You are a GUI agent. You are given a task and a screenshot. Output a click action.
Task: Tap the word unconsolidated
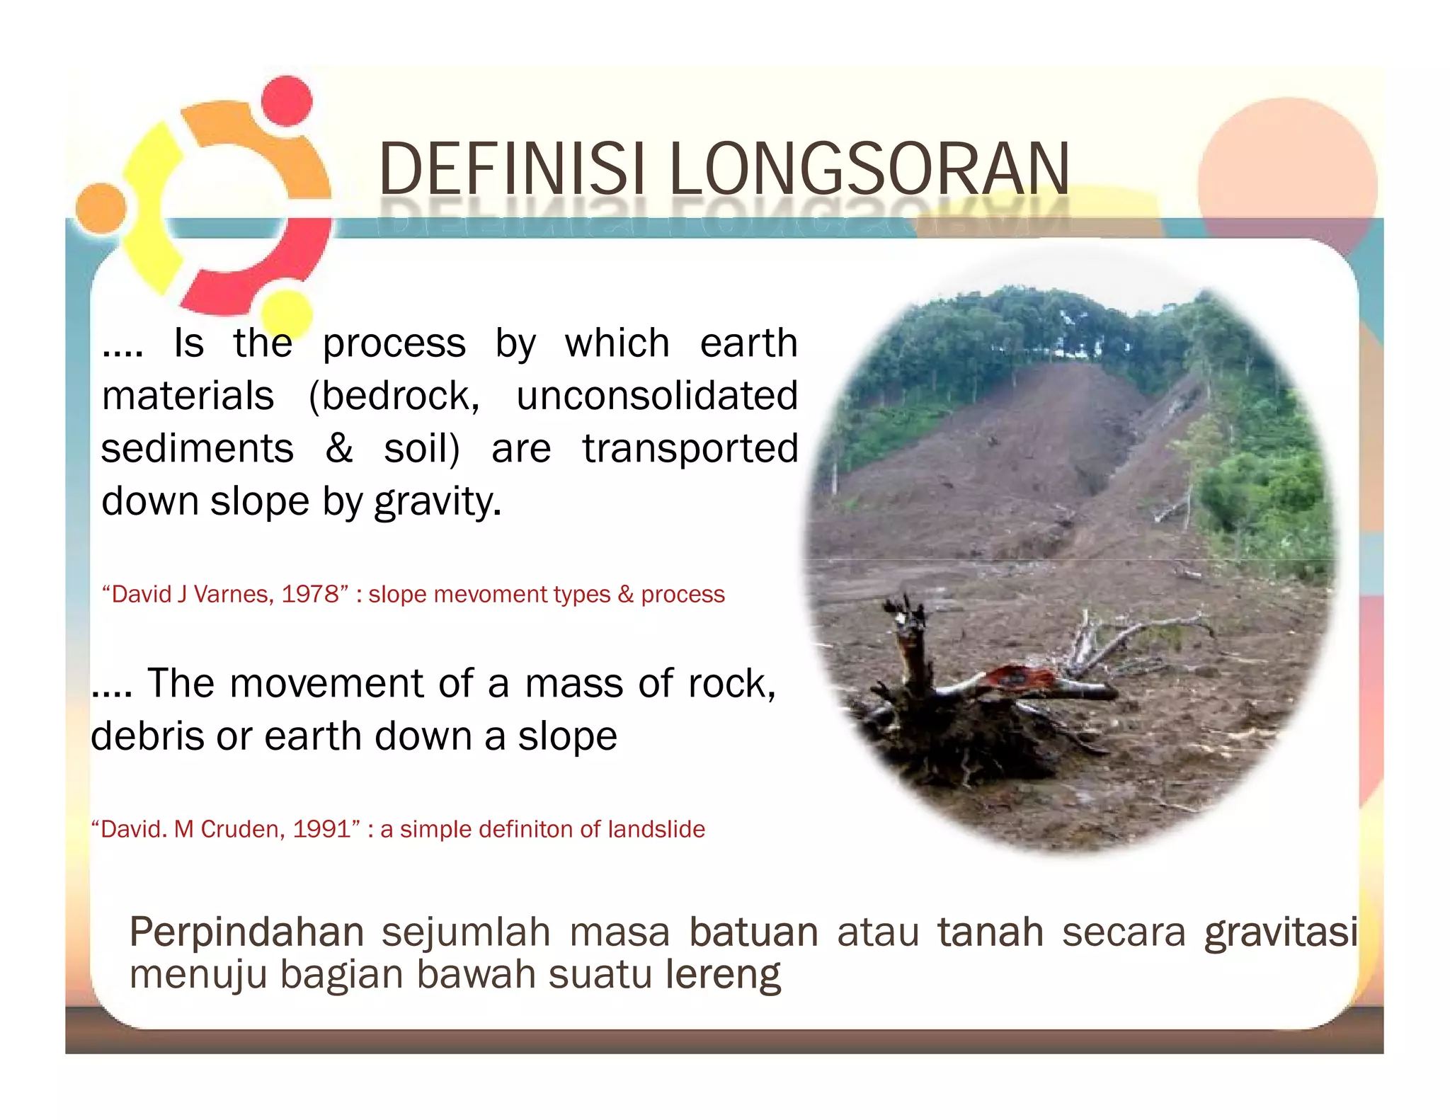click(x=656, y=395)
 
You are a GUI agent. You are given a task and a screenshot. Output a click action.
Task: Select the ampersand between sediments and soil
click(x=339, y=448)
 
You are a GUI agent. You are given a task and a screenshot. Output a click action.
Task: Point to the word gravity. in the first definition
click(x=438, y=502)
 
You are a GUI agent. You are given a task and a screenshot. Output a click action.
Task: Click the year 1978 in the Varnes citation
click(x=310, y=594)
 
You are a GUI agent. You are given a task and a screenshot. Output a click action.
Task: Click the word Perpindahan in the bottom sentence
click(x=246, y=932)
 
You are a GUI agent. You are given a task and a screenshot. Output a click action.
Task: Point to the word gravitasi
click(x=1280, y=932)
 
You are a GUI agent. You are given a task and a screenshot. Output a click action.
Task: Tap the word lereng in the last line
click(x=722, y=975)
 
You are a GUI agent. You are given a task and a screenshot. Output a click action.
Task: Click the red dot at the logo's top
click(x=286, y=101)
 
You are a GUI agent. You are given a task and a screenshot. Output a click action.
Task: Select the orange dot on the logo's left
click(x=101, y=208)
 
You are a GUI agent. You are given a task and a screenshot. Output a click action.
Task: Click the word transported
click(x=690, y=448)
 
